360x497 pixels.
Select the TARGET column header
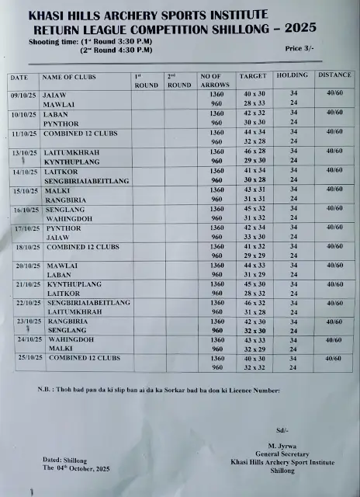point(253,77)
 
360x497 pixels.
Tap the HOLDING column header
point(293,76)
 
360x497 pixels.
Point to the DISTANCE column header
point(334,76)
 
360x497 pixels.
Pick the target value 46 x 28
point(254,151)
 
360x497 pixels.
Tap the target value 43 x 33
point(254,340)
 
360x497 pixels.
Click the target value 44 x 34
point(254,132)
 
